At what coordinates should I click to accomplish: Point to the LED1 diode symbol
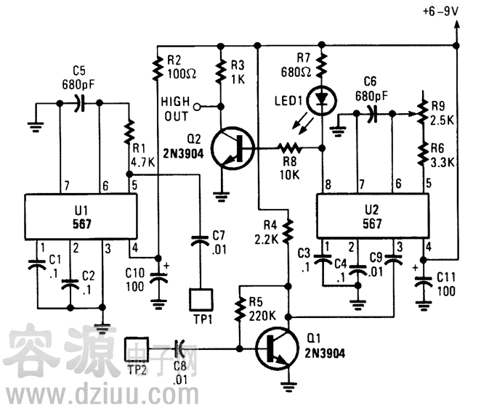pos(323,100)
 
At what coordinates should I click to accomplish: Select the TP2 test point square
pos(137,348)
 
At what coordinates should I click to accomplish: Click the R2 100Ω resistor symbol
pos(157,69)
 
